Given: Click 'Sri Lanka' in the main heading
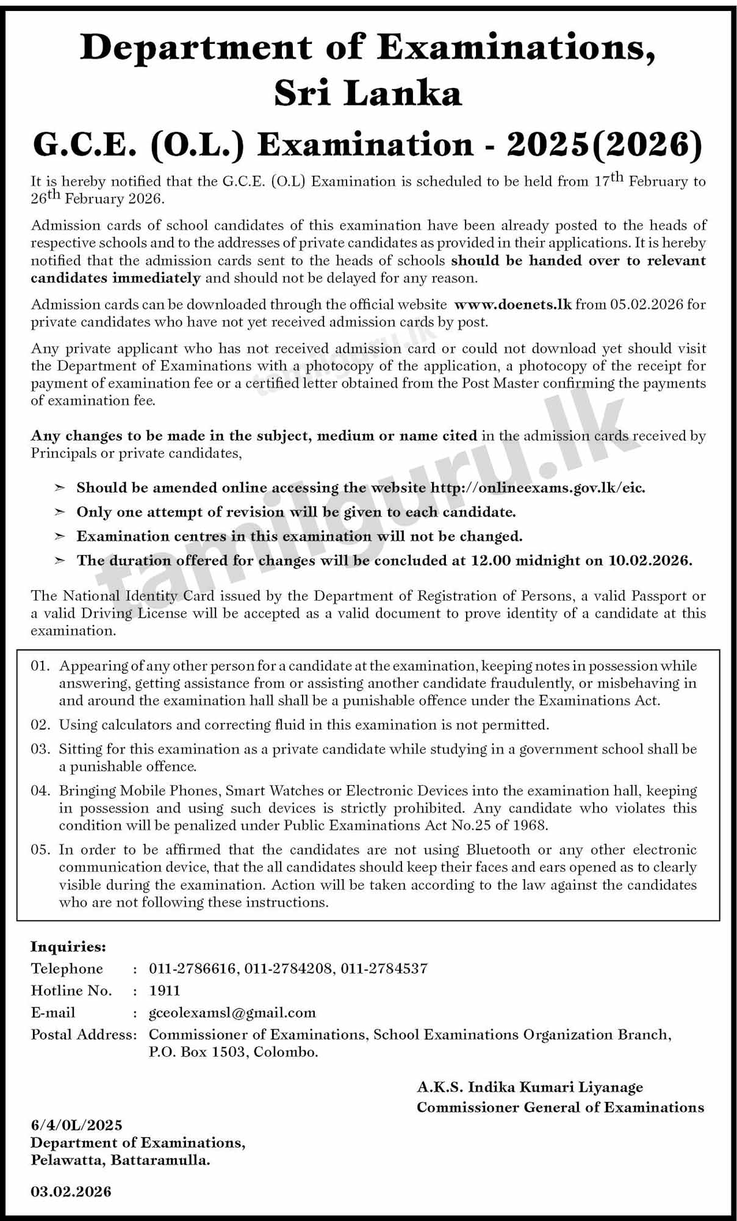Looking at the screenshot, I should point(368,93).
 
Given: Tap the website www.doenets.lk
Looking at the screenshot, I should point(513,304).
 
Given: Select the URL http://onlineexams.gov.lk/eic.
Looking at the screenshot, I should point(537,488).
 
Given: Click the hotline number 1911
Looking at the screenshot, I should point(165,990).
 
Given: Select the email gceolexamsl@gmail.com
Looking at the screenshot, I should point(232,1013).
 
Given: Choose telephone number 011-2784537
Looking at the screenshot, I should point(384,968).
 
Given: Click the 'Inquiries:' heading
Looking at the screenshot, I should point(68,947).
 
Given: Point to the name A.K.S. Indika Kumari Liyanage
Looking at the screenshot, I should point(530,1087).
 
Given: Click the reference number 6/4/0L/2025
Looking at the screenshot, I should point(76,1125).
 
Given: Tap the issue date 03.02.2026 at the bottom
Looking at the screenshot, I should point(71,1191).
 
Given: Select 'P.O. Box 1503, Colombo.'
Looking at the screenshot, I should point(233,1052).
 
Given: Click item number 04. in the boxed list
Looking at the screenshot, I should point(40,791).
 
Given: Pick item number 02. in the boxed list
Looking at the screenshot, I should point(40,725).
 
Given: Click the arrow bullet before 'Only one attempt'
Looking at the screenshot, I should point(60,512).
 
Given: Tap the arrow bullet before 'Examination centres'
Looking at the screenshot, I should point(60,537).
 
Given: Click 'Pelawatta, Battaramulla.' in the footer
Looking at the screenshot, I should point(120,1161).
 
